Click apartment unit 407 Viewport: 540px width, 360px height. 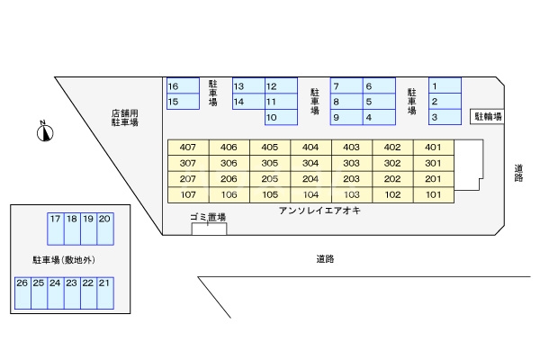click(188, 148)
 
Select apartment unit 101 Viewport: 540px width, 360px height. click(433, 194)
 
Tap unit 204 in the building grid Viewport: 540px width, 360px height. click(310, 179)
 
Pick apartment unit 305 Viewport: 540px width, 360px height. click(270, 163)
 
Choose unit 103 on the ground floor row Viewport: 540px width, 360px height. click(352, 194)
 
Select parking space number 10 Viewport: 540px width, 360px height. click(281, 118)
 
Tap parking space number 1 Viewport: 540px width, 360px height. click(445, 86)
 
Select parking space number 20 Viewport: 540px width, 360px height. click(104, 230)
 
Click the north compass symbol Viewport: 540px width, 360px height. click(43, 132)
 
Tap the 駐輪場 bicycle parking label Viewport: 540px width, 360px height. click(488, 117)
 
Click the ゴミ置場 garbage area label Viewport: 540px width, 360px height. click(208, 218)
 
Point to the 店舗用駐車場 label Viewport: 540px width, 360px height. click(124, 118)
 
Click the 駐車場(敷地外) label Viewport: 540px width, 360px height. click(64, 260)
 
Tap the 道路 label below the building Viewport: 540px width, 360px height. click(325, 259)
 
